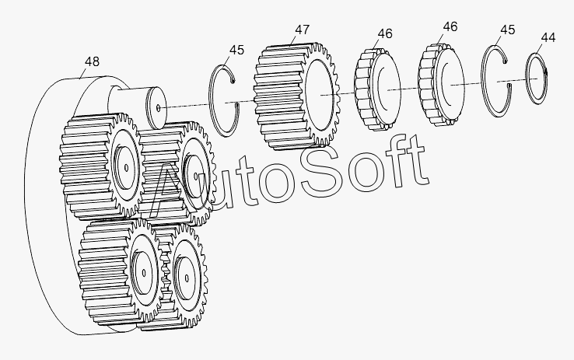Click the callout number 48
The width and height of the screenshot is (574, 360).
[x=92, y=61]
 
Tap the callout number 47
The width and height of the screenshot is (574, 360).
[x=303, y=30]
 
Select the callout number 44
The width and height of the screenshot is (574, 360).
[x=548, y=37]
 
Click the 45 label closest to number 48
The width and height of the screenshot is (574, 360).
[x=236, y=50]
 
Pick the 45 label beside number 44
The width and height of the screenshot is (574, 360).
[x=507, y=30]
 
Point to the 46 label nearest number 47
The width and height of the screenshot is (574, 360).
[x=385, y=33]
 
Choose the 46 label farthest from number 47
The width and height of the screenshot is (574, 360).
[x=450, y=26]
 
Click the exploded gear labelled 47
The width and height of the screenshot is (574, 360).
[x=296, y=96]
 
